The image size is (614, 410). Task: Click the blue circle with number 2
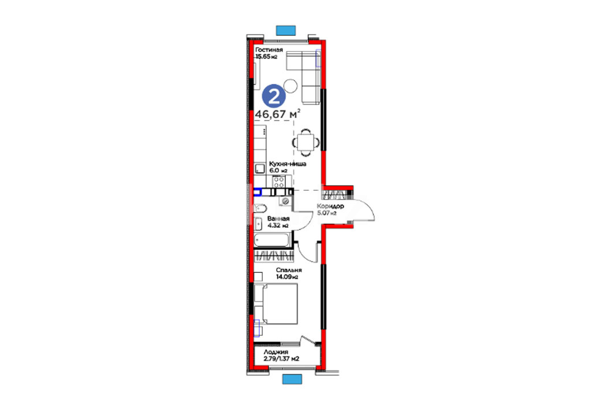pos(274,96)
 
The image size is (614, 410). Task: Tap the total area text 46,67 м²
pos(278,114)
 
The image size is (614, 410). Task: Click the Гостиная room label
pos(269,50)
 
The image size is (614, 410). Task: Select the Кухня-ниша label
pos(288,164)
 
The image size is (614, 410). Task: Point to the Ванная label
pos(278,219)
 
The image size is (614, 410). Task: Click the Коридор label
pos(330,206)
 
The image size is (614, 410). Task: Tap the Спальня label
pos(289,270)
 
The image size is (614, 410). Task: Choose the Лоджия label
pos(276,352)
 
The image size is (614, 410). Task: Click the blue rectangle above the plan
pos(285,31)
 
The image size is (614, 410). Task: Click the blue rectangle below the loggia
pos(292,379)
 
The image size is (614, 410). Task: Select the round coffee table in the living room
pos(290,86)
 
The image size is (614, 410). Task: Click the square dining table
pos(305,142)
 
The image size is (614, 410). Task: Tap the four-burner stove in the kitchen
pos(279,182)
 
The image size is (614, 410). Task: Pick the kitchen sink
pos(260,169)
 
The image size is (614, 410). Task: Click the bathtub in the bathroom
pos(272,239)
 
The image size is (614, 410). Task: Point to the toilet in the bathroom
pos(260,208)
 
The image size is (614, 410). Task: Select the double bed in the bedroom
pos(276,304)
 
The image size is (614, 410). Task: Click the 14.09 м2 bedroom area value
pos(287,277)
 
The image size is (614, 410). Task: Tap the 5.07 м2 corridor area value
pos(326,213)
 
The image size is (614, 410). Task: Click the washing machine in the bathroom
pos(285,201)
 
